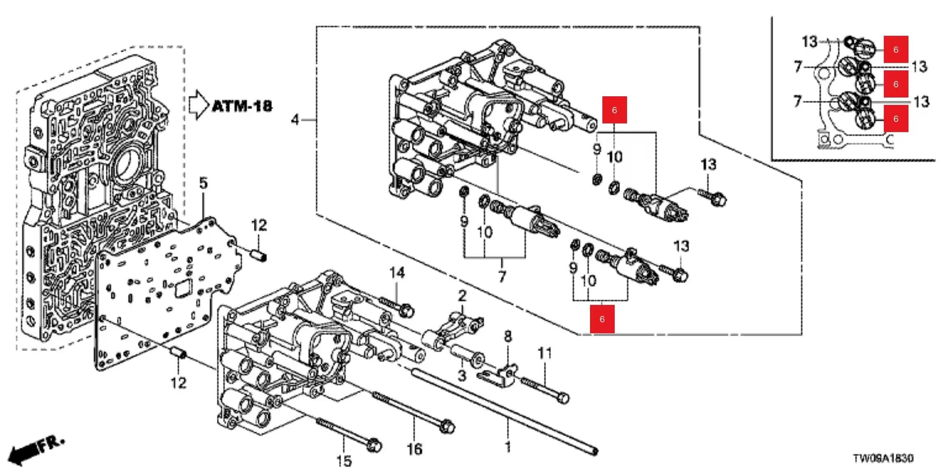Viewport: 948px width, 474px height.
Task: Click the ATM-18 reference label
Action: click(x=242, y=106)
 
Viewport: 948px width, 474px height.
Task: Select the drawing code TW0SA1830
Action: click(x=883, y=458)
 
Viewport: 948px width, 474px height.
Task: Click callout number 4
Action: click(x=295, y=120)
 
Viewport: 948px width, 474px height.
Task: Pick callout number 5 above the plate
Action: click(x=204, y=183)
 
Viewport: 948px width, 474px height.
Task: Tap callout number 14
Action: click(x=397, y=272)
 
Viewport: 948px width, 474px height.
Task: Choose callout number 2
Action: click(x=462, y=296)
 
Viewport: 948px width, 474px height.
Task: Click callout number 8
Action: click(x=508, y=337)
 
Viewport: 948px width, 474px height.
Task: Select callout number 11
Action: click(x=545, y=353)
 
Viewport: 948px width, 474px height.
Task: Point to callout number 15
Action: click(x=344, y=461)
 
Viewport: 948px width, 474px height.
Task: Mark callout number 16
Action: click(x=414, y=449)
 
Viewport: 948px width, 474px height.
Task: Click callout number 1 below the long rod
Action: click(x=508, y=447)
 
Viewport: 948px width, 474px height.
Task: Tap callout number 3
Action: click(x=462, y=375)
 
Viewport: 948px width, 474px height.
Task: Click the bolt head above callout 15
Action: click(x=374, y=446)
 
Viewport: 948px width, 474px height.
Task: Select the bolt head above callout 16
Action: click(x=447, y=427)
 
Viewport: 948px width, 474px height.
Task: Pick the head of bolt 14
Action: click(x=407, y=311)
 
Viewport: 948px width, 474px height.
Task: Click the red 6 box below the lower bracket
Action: click(x=602, y=319)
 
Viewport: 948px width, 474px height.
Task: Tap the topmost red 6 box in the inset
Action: click(x=896, y=49)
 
